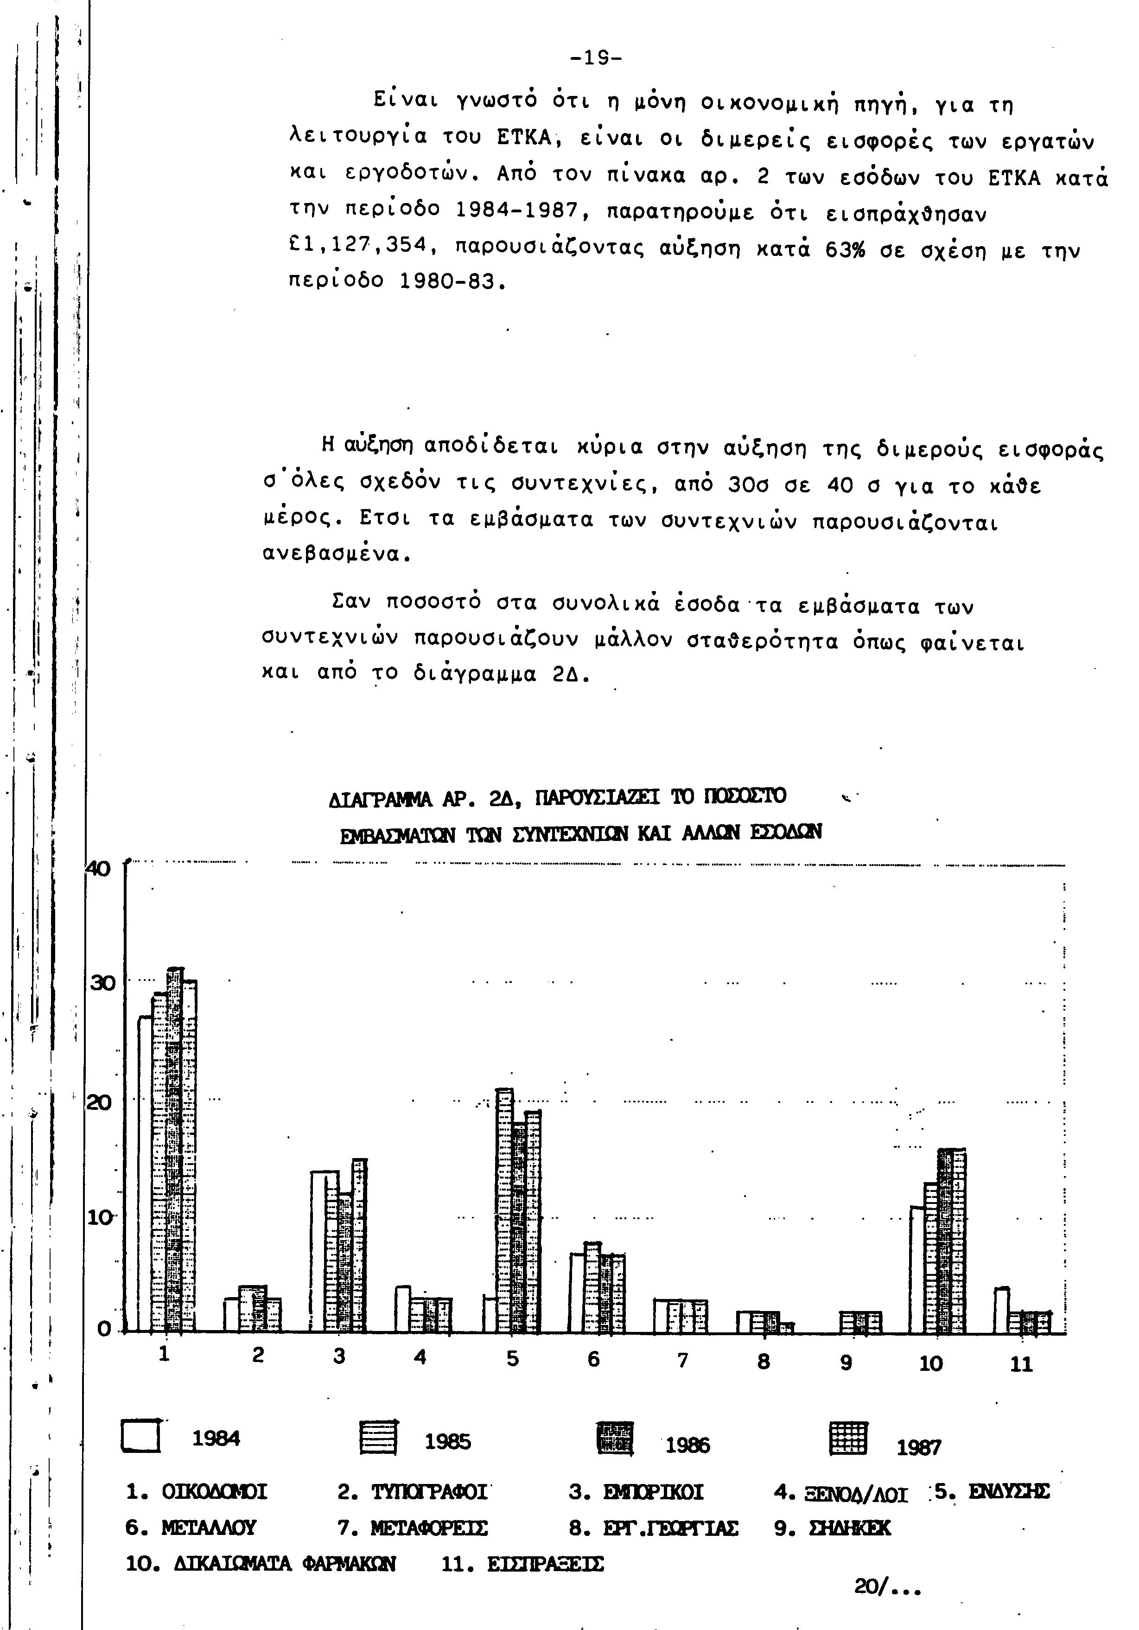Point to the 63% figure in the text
845,250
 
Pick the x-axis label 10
930,1363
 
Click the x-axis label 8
764,1361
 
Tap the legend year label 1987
918,1447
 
